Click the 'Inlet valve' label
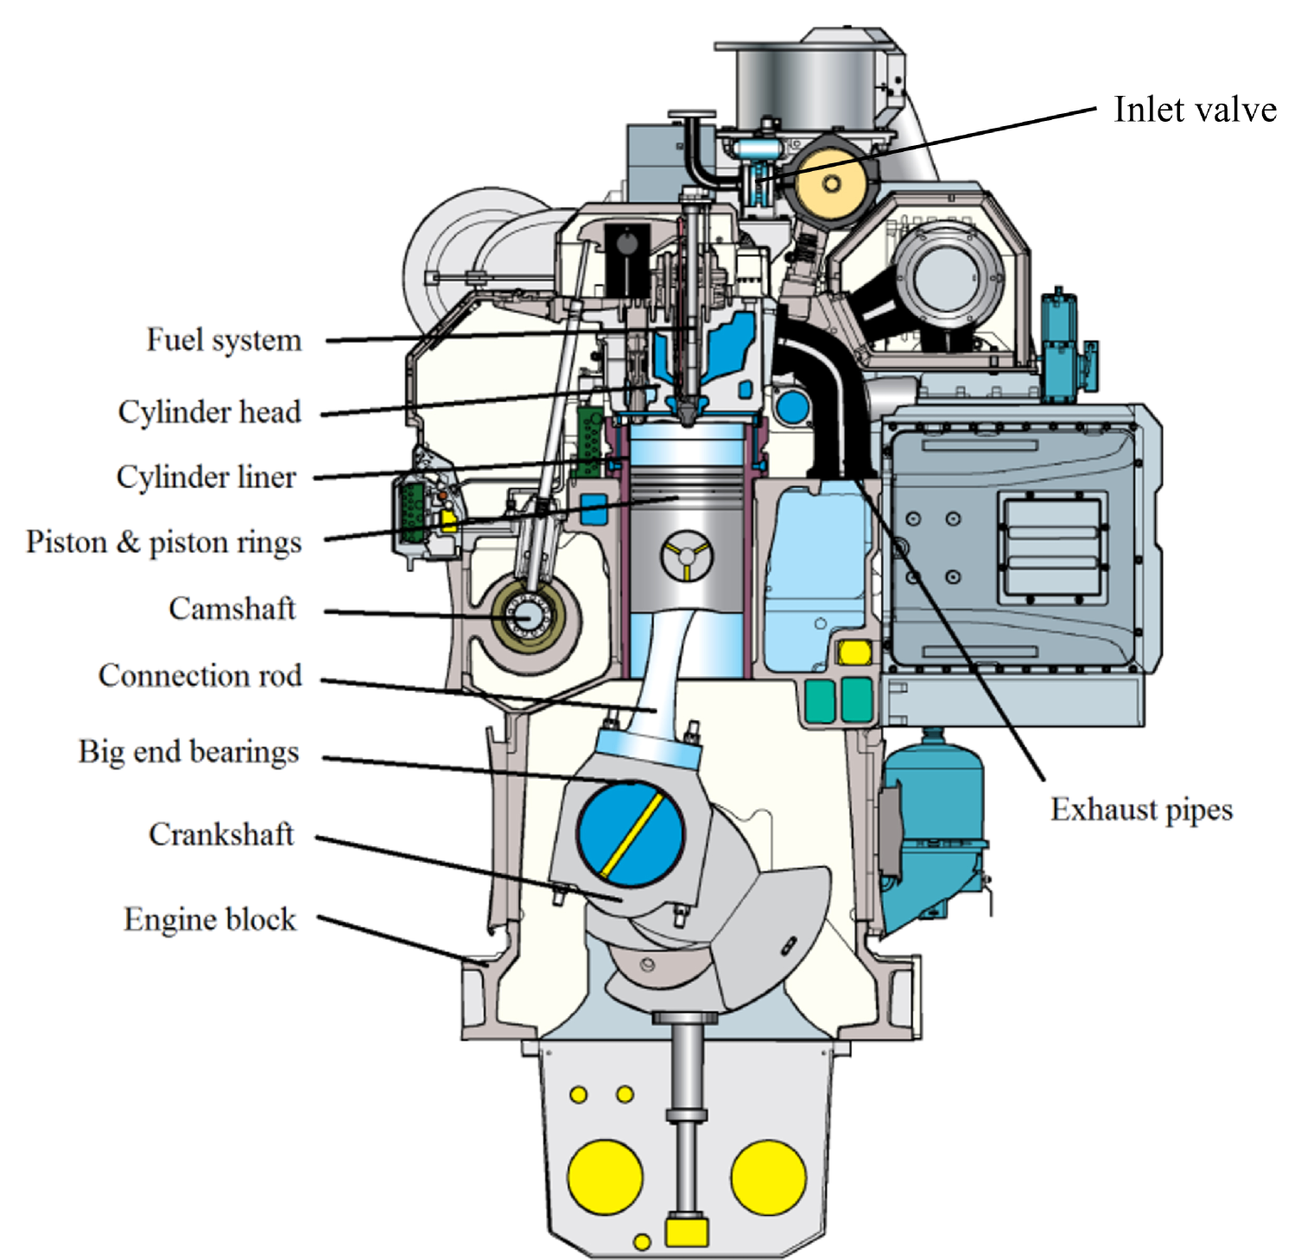[x=1194, y=110]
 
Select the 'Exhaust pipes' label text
[x=1140, y=809]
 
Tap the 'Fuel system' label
[x=224, y=339]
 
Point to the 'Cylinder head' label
[x=210, y=412]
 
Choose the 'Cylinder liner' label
[x=206, y=477]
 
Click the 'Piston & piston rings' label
[x=164, y=542]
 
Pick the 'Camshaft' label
[x=232, y=609]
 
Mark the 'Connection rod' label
[x=200, y=675]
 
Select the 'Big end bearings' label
[x=188, y=751]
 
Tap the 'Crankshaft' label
[x=221, y=834]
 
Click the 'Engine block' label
[x=210, y=919]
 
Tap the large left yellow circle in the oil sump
[x=605, y=1176]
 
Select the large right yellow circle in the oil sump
[x=768, y=1176]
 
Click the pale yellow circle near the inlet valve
[x=831, y=184]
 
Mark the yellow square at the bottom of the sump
[x=687, y=1232]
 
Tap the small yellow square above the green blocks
[x=854, y=653]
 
